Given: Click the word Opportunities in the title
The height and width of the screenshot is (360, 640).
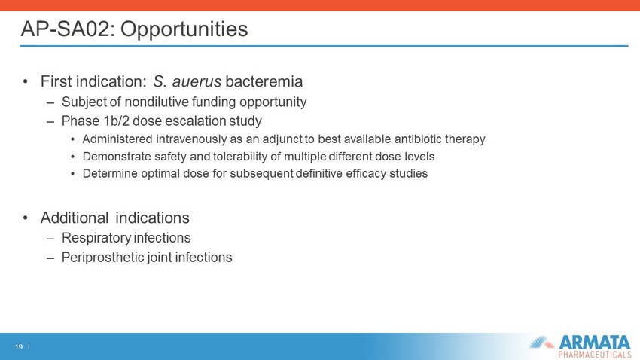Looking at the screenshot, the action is [x=184, y=29].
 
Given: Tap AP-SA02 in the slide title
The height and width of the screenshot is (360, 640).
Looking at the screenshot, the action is [x=67, y=29].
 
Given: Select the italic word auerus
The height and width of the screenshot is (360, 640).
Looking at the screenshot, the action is [x=197, y=81].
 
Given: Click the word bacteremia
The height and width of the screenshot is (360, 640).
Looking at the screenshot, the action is [x=264, y=81].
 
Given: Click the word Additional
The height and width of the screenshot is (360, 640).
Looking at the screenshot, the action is [x=75, y=218].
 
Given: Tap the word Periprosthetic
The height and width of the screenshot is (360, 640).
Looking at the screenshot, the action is [x=102, y=258].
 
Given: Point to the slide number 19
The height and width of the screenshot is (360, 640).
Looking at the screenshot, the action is [x=18, y=347].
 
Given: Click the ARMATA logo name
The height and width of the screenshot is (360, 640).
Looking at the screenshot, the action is [x=595, y=342].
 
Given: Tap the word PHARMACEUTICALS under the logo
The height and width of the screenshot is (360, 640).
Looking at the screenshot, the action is [x=595, y=355].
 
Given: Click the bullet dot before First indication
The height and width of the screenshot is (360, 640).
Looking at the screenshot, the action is [x=26, y=81].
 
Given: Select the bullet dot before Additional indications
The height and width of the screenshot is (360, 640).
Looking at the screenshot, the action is [x=26, y=218].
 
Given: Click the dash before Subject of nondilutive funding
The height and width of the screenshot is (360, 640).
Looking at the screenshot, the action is [x=50, y=102].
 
